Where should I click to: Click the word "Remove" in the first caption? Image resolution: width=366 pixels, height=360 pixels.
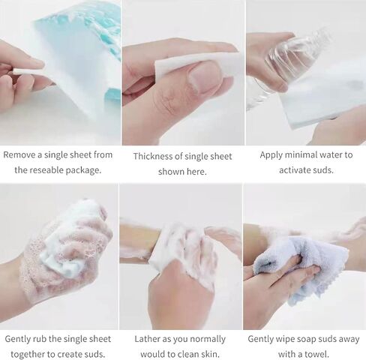pyautogui.click(x=19, y=154)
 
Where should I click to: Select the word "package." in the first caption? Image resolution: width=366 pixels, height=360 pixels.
pyautogui.click(x=83, y=170)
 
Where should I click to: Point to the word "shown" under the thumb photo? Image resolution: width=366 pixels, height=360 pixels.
pyautogui.click(x=170, y=172)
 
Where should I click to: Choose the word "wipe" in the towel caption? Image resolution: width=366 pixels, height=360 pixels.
pyautogui.click(x=285, y=340)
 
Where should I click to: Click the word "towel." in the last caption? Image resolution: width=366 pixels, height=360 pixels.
pyautogui.click(x=317, y=354)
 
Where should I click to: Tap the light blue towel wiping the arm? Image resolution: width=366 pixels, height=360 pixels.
pyautogui.click(x=300, y=268)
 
